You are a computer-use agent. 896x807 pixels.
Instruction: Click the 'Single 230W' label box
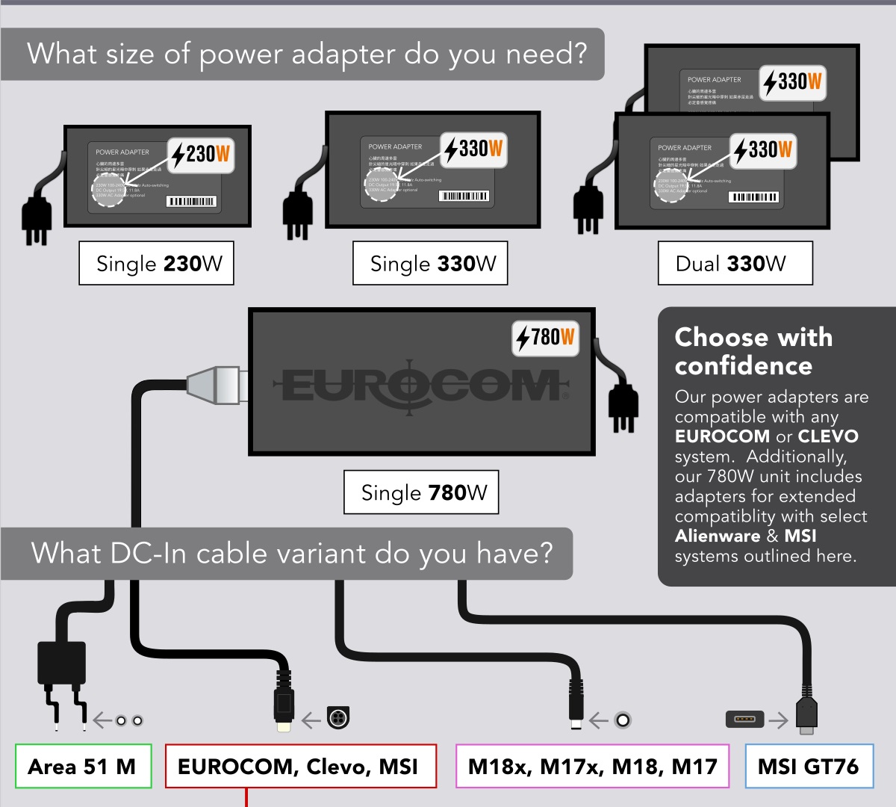click(x=156, y=263)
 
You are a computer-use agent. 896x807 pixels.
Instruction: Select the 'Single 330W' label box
click(x=430, y=263)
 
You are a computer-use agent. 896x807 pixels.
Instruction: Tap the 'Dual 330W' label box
click(x=735, y=263)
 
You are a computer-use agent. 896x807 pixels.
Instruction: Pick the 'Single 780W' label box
click(x=421, y=492)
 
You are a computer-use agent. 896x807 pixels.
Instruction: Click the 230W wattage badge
click(x=200, y=155)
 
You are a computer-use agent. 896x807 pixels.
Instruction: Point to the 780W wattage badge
click(x=546, y=338)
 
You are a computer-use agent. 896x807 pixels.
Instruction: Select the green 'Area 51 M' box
click(x=83, y=766)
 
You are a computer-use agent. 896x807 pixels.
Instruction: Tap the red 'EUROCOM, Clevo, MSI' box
click(x=300, y=766)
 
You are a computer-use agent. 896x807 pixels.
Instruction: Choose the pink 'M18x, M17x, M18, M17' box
click(x=592, y=766)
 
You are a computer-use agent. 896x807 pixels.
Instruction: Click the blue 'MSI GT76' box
click(x=809, y=766)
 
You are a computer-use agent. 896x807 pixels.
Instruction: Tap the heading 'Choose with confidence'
click(x=753, y=351)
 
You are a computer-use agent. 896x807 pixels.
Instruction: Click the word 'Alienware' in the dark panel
click(x=717, y=536)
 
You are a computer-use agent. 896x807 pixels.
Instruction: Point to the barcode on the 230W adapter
click(x=191, y=201)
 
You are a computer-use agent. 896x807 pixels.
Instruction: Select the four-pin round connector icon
click(x=338, y=718)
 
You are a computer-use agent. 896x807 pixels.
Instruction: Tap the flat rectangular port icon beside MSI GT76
click(x=744, y=720)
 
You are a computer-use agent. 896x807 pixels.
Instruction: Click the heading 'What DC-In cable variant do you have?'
click(x=292, y=554)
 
